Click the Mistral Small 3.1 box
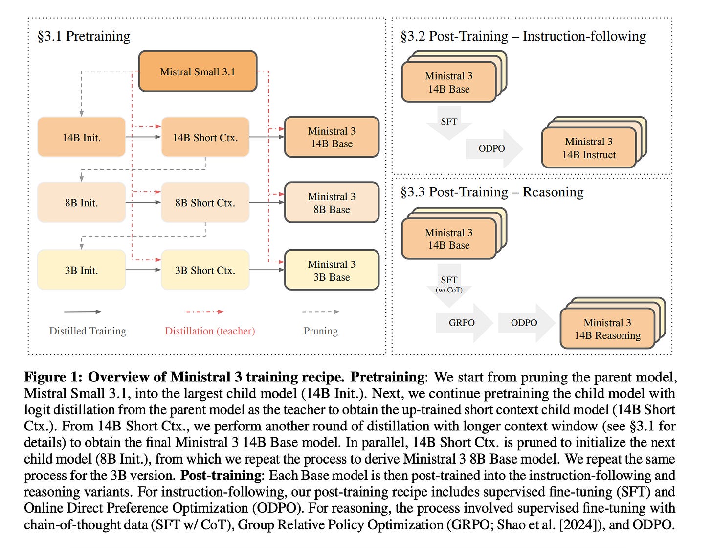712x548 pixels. point(198,71)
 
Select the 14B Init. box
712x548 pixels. point(81,137)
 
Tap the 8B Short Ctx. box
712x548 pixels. point(205,203)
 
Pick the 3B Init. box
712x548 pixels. point(81,270)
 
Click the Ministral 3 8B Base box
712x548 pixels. point(332,203)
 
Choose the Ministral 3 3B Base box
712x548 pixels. point(332,270)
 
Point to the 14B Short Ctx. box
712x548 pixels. point(205,137)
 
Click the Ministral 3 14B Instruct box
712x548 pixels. point(589,148)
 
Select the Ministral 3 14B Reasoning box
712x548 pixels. point(607,329)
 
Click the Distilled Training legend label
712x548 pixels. point(88,331)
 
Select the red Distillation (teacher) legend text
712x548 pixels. point(210,331)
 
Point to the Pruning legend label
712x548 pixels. point(320,331)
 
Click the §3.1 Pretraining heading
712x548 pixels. point(84,36)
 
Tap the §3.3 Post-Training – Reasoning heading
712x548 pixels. point(491,192)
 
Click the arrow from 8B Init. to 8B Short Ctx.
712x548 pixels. point(143,202)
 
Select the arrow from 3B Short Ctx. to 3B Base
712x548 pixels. point(267,270)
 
